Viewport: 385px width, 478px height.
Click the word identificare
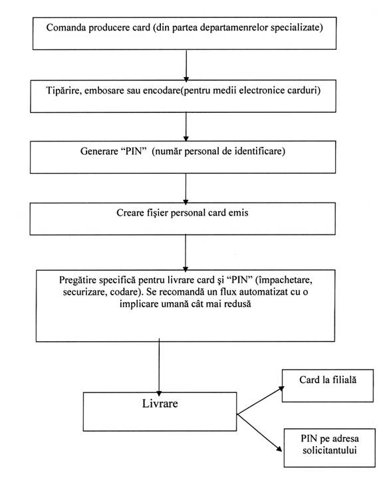(260, 151)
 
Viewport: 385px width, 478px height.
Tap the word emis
(239, 213)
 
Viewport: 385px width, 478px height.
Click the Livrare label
(160, 404)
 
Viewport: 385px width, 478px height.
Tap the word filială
(344, 380)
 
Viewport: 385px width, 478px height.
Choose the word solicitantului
(330, 451)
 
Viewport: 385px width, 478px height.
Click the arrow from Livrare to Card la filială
(261, 400)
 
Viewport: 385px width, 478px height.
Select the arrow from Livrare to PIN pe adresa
(259, 433)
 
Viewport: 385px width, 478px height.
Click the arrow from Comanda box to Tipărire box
(186, 66)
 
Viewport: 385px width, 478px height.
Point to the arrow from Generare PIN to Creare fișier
(186, 189)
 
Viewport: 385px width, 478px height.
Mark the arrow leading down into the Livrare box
(159, 367)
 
